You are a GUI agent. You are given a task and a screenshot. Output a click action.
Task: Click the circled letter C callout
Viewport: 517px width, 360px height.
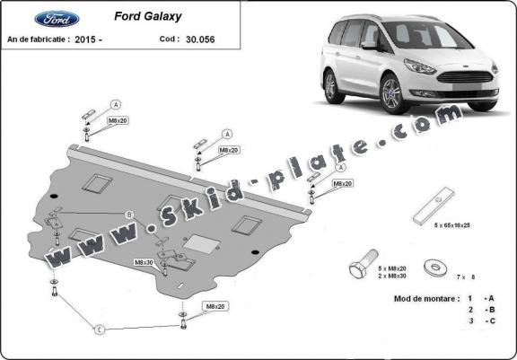click(100, 329)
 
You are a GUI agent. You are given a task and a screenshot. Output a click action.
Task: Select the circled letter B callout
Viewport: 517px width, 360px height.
click(129, 214)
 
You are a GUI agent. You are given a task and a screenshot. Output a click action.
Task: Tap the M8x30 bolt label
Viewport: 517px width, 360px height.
click(144, 262)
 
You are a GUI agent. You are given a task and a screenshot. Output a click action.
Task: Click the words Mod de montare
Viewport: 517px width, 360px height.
click(422, 297)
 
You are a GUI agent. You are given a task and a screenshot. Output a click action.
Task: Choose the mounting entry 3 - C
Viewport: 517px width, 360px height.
click(480, 319)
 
